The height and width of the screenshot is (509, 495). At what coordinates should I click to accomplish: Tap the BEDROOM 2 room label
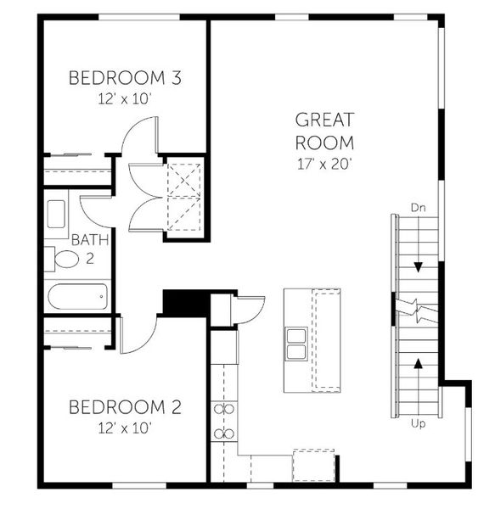126,406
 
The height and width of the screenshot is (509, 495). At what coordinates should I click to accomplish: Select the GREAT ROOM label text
324,131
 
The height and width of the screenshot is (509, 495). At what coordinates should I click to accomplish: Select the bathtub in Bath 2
77,298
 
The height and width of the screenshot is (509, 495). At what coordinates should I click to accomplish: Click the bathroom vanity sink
57,215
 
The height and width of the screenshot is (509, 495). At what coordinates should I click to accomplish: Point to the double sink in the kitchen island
297,344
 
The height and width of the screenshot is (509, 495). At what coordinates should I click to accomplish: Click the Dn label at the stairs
417,207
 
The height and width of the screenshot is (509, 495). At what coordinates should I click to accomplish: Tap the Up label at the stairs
418,423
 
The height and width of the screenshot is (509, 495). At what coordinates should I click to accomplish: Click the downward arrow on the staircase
418,265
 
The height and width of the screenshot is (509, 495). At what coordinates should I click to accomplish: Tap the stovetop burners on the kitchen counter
224,422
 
